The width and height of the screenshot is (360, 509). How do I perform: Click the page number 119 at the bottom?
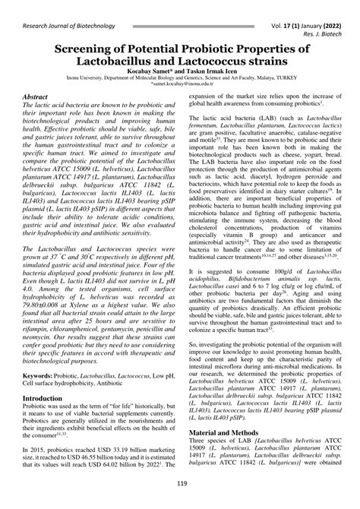point(180,483)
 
